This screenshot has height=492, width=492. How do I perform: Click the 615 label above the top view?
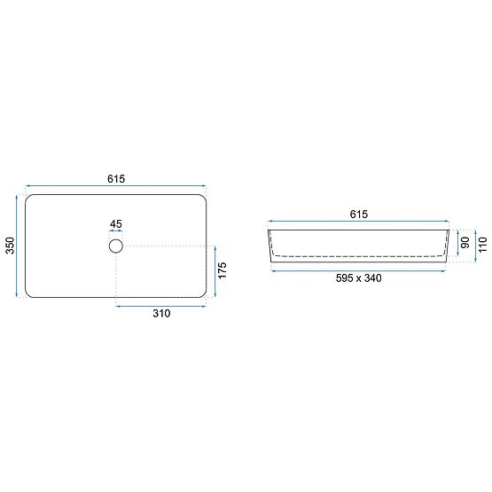(x=116, y=178)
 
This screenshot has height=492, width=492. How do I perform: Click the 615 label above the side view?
(x=358, y=215)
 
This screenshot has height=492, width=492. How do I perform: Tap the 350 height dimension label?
(x=9, y=246)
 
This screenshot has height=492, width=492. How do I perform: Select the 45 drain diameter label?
(x=116, y=224)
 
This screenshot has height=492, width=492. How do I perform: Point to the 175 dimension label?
(x=224, y=271)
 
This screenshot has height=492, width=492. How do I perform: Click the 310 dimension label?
(x=160, y=313)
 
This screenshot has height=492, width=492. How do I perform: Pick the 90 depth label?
(x=464, y=243)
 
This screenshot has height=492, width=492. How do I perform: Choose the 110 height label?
(x=482, y=246)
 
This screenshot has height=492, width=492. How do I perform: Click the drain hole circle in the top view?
(x=116, y=246)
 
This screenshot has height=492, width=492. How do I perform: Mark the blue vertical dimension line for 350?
(x=18, y=246)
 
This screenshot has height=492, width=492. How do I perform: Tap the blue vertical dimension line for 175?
(x=215, y=271)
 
